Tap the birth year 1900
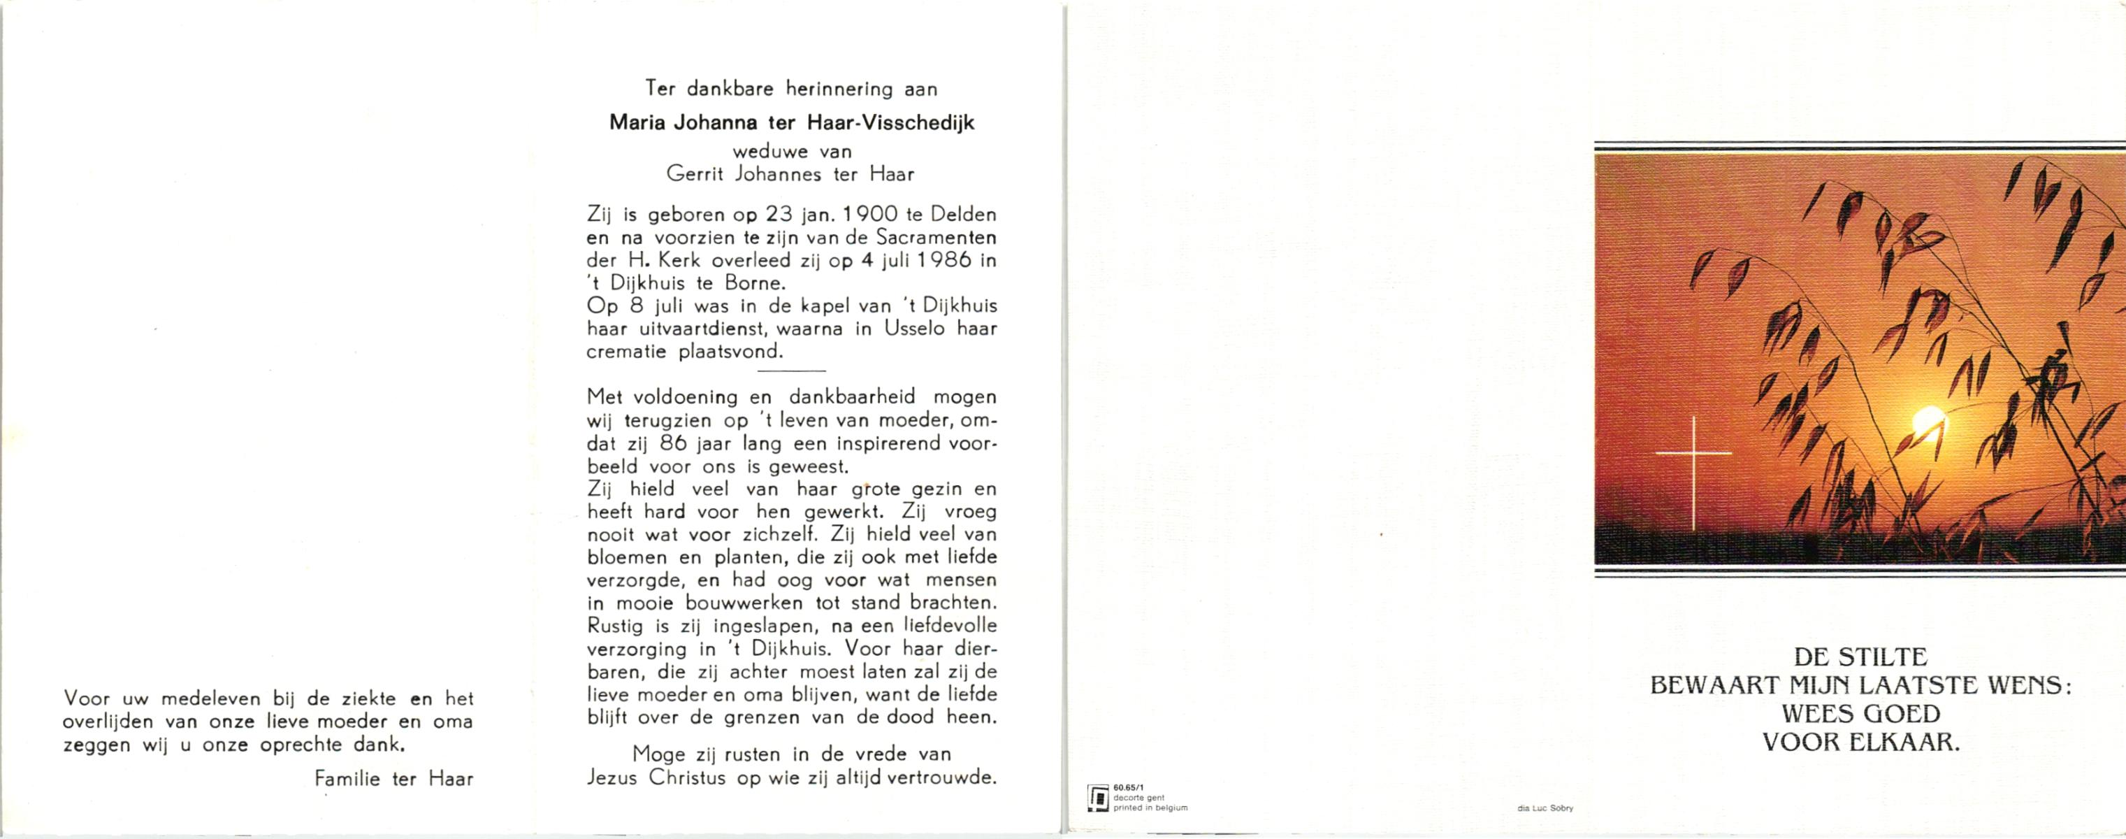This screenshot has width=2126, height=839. [866, 215]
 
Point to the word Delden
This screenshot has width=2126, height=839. [963, 215]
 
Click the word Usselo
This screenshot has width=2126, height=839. [918, 329]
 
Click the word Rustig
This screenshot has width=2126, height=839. [615, 626]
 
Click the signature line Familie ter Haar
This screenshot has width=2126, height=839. [393, 779]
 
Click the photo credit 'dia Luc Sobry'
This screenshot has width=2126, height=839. [1545, 808]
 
